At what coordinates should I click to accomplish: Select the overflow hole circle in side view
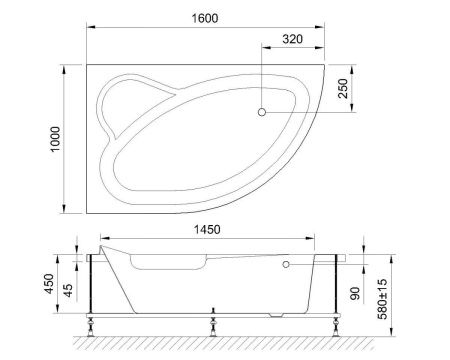(x=286, y=265)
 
